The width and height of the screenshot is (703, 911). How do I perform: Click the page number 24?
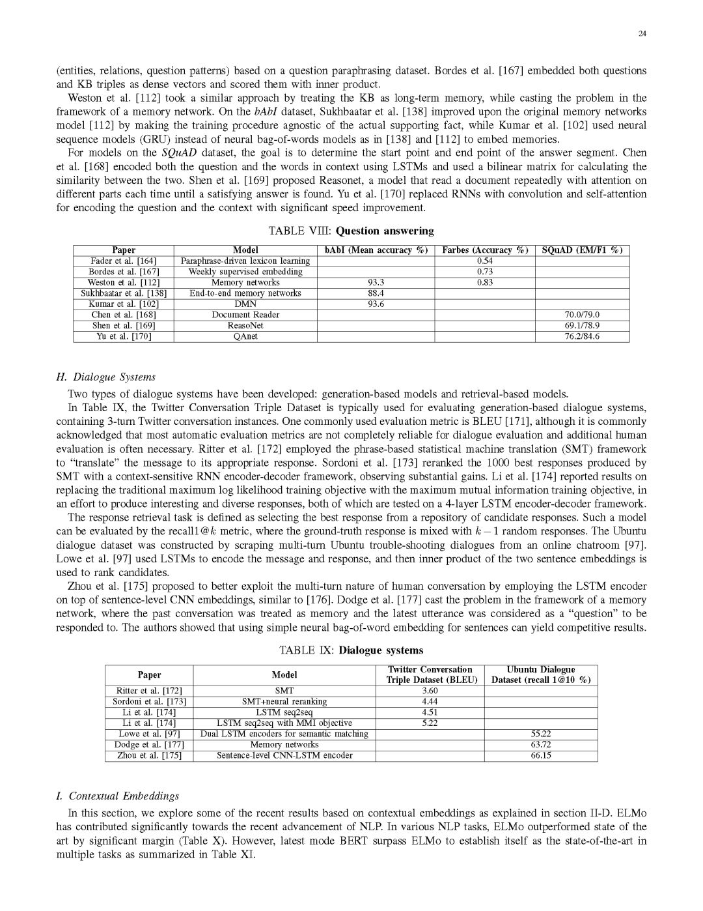[642, 34]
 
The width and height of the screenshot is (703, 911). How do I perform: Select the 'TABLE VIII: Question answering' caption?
[351, 231]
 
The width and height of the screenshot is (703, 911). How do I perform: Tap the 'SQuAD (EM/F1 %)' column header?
[582, 250]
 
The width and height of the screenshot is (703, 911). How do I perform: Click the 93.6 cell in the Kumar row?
[376, 304]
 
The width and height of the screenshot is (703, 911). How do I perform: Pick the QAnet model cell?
[245, 336]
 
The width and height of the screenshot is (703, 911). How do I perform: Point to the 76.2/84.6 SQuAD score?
[582, 336]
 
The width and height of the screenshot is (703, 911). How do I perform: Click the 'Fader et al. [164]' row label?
[124, 261]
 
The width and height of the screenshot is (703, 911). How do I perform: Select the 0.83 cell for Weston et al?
[484, 282]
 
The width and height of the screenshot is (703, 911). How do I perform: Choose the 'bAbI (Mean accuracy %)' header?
[376, 250]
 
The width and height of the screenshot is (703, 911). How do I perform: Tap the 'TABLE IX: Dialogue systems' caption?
[351, 650]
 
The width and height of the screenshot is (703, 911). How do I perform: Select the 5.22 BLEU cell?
[430, 723]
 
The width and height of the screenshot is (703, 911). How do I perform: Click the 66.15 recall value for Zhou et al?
[541, 755]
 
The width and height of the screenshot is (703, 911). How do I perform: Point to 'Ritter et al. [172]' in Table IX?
[149, 691]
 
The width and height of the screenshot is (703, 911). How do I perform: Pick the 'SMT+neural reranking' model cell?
[284, 701]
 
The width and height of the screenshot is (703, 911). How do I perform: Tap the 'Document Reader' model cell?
[245, 315]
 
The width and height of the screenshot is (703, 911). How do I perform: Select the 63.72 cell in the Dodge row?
[541, 744]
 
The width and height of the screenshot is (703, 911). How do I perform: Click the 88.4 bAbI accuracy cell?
[376, 293]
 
